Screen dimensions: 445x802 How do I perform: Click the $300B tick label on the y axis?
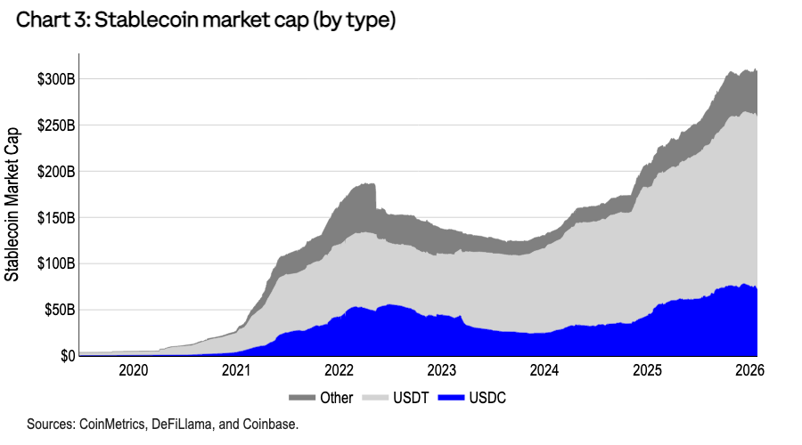click(x=55, y=79)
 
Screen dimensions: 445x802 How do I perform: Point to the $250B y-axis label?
click(x=55, y=125)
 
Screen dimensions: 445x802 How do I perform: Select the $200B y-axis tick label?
click(x=55, y=172)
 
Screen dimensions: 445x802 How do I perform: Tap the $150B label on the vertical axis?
click(x=55, y=218)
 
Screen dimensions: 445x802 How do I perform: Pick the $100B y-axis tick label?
click(x=55, y=264)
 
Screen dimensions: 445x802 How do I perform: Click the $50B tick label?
click(x=59, y=311)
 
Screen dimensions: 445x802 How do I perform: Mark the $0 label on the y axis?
click(x=67, y=356)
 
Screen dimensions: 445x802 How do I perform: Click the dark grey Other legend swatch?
click(x=302, y=398)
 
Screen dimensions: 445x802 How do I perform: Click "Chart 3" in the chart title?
click(x=45, y=20)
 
